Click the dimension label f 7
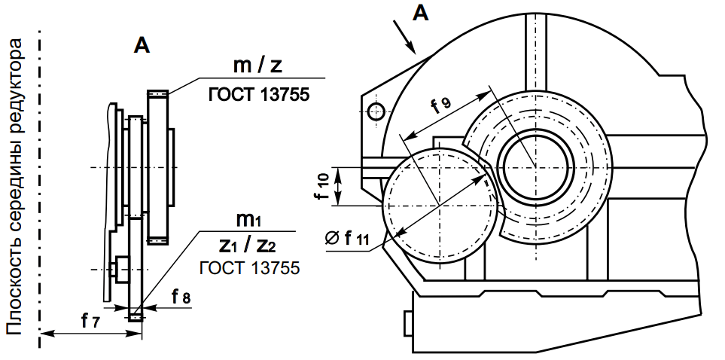[90, 321]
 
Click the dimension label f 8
[180, 297]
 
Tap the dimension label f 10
[321, 186]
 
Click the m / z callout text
[257, 66]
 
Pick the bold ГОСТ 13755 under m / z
[258, 96]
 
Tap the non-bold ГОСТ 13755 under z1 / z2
[249, 268]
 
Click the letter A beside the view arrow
[421, 13]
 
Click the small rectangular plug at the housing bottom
[409, 324]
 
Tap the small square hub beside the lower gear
[118, 269]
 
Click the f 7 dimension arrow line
[83, 333]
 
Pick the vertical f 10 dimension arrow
[340, 186]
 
